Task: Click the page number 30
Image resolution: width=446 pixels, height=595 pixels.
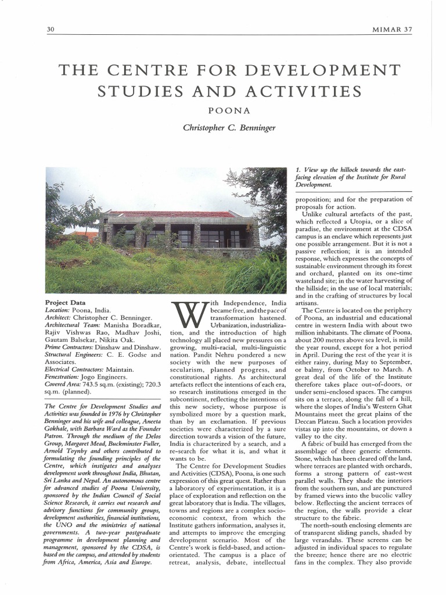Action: [x=50, y=30]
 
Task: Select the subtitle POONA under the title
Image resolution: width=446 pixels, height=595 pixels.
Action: [x=222, y=109]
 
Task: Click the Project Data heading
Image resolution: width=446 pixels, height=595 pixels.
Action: [x=65, y=303]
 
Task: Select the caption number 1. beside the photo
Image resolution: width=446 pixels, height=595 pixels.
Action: [x=298, y=169]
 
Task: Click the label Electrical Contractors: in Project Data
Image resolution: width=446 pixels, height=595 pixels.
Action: [x=77, y=369]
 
